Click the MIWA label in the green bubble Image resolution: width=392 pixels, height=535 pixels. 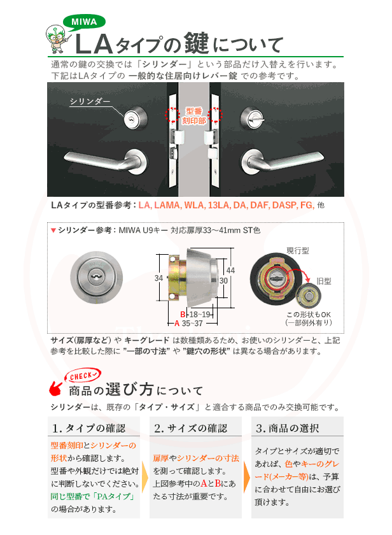(83, 22)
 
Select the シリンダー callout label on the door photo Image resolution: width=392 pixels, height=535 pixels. (90, 101)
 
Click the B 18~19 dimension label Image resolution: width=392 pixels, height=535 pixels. (196, 315)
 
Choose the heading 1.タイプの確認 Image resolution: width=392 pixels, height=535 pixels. (89, 428)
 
